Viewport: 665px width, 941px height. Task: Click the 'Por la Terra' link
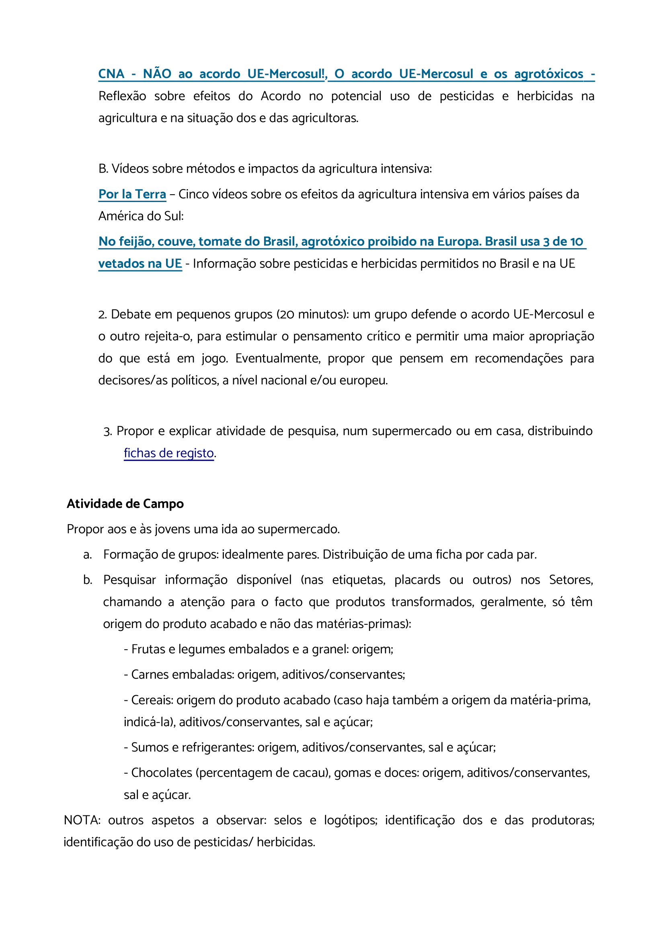tap(132, 194)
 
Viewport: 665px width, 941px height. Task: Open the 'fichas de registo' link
tap(168, 453)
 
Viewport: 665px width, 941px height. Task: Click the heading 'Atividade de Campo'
tap(125, 504)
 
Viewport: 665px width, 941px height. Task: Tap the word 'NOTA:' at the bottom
tap(82, 820)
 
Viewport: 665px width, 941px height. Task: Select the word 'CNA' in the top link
tap(111, 74)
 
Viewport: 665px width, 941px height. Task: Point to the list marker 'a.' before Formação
tap(87, 554)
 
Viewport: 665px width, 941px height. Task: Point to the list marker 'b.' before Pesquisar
tap(88, 580)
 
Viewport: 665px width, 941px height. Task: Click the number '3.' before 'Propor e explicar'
tap(108, 431)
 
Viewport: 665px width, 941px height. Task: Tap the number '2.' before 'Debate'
tap(103, 314)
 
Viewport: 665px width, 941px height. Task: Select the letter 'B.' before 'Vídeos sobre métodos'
tap(103, 169)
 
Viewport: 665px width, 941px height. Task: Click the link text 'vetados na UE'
tap(140, 264)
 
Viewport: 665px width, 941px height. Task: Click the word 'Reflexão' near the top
tap(122, 96)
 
